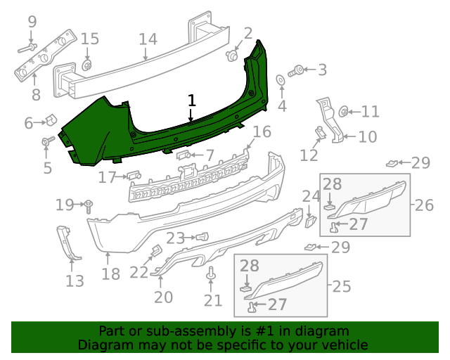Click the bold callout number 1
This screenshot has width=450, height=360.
(x=191, y=101)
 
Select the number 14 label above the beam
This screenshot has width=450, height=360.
(x=148, y=39)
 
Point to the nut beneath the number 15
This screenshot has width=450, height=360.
(x=87, y=65)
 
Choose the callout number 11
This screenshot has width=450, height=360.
(x=370, y=111)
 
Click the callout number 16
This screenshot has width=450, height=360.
(x=262, y=131)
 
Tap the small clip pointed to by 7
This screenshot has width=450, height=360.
(x=182, y=154)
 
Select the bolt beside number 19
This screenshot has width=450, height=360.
(x=90, y=205)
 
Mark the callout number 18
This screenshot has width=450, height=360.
(x=110, y=274)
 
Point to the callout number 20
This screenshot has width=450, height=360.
(x=163, y=297)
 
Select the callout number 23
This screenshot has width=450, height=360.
(x=175, y=238)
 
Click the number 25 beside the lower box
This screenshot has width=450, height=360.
(x=341, y=286)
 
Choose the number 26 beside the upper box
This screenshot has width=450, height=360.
(x=424, y=205)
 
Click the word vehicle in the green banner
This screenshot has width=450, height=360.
(x=344, y=345)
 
